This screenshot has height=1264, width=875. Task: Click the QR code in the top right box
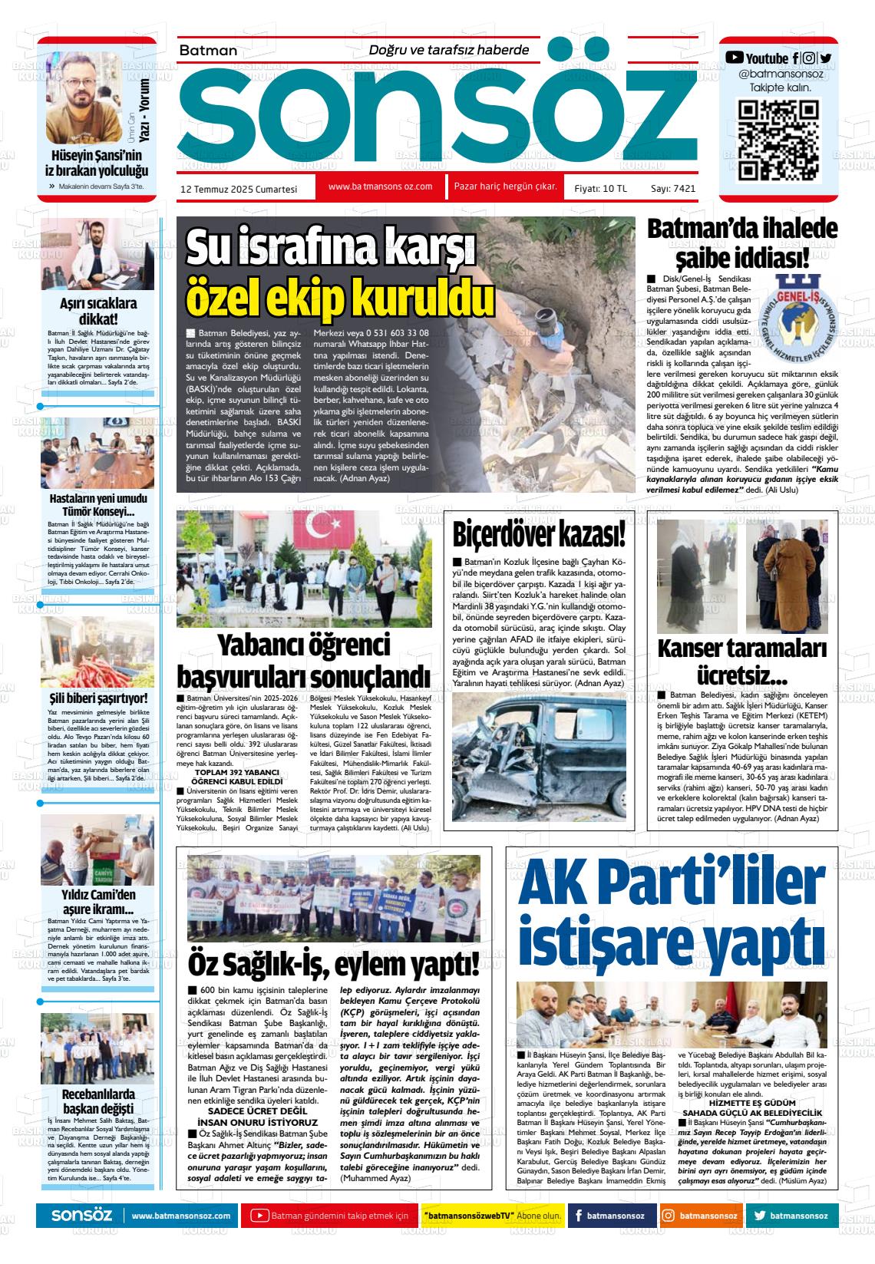(778, 140)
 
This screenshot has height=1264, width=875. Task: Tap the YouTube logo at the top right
(735, 57)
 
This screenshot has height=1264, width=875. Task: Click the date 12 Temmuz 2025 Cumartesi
(238, 187)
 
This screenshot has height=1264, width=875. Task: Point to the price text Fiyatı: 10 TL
(600, 188)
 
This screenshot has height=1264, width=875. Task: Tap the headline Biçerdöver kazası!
(538, 533)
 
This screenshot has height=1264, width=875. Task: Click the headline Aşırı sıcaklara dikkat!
(98, 311)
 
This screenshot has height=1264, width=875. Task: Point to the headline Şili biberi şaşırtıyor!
(98, 698)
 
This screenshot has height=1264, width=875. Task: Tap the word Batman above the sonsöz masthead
(208, 51)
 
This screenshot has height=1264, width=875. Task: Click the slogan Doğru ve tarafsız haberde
(449, 50)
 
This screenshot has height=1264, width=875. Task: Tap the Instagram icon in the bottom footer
(668, 1216)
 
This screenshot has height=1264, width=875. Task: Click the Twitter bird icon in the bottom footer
(759, 1216)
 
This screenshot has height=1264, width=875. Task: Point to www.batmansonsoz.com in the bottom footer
(181, 1216)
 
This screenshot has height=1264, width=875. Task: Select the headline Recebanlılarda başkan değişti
(98, 1101)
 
